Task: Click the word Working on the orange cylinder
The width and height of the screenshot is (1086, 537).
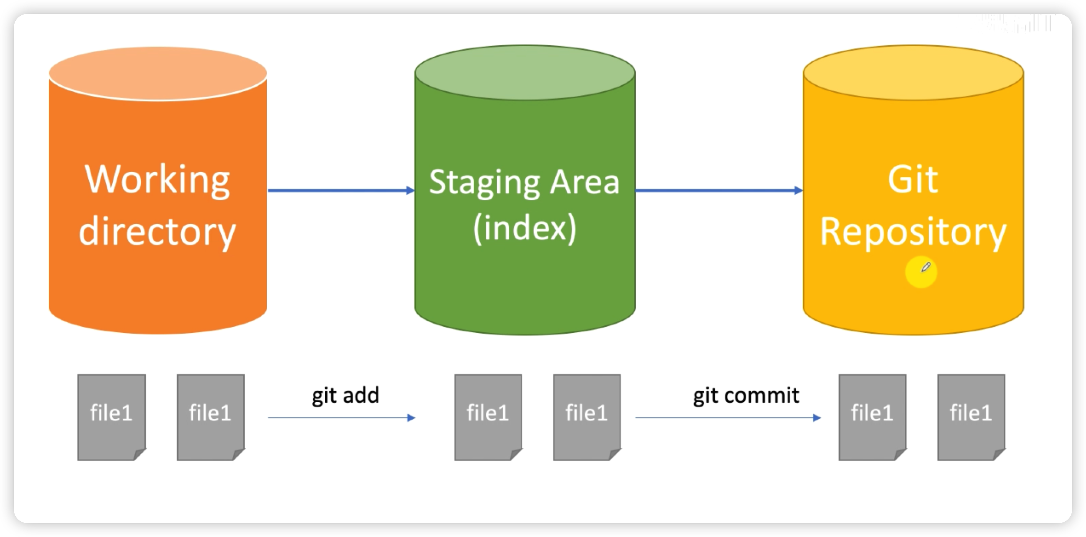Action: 157,180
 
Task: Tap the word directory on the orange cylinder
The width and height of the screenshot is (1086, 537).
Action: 157,232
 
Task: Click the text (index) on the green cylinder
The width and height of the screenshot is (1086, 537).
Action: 525,228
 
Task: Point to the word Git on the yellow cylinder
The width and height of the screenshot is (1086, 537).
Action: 913,180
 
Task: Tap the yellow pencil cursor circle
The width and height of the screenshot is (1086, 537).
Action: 921,272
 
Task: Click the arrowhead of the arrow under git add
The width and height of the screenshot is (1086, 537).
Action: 411,418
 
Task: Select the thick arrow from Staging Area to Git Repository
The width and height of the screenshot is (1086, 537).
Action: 717,190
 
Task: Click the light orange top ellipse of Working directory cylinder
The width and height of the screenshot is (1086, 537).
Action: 158,72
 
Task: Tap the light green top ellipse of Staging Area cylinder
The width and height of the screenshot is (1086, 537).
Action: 525,72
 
